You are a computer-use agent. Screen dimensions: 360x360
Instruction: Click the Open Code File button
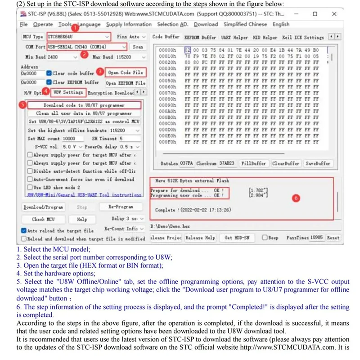(x=125, y=72)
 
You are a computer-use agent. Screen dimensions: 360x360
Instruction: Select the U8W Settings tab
(x=67, y=93)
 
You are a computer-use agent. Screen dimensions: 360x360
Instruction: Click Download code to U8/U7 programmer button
(x=84, y=105)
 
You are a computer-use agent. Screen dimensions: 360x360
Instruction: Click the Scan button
(x=138, y=47)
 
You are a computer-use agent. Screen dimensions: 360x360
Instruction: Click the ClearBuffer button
(x=285, y=163)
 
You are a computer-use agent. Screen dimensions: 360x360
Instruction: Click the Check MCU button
(x=44, y=219)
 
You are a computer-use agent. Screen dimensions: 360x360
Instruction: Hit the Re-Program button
(x=121, y=207)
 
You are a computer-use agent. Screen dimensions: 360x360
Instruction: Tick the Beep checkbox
(x=265, y=238)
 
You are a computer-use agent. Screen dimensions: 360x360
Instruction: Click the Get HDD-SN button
(x=237, y=238)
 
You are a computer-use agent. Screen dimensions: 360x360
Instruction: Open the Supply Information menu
(x=129, y=24)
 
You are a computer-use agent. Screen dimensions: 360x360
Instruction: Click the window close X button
(x=334, y=14)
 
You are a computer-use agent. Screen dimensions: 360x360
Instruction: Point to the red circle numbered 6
(x=296, y=198)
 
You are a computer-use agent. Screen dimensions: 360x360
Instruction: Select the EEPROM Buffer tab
(x=202, y=37)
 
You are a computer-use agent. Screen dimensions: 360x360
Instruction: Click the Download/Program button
(x=43, y=207)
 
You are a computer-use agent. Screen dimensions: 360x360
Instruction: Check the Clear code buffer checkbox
(x=49, y=73)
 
